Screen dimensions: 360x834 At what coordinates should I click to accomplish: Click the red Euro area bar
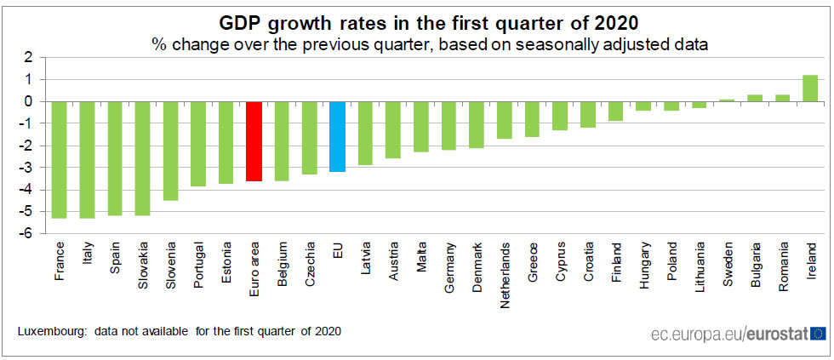(x=254, y=141)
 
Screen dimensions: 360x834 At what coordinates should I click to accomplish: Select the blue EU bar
(x=337, y=136)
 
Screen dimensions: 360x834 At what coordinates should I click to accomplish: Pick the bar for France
(x=59, y=159)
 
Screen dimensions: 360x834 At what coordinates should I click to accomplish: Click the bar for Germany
(x=448, y=125)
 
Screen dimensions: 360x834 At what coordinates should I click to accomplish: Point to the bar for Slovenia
(x=170, y=151)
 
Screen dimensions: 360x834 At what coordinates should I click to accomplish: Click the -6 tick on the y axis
(x=28, y=233)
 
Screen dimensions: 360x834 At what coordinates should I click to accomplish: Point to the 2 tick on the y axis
(x=30, y=57)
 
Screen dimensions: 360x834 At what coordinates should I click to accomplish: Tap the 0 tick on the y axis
(x=30, y=101)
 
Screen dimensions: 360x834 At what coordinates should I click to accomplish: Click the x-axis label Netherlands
(x=505, y=269)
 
